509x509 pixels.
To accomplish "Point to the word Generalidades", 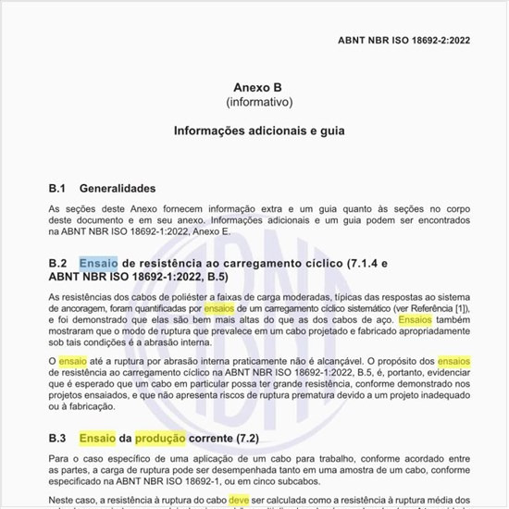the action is pos(117,188).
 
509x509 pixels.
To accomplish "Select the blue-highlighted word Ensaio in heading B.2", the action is pos(99,263).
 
